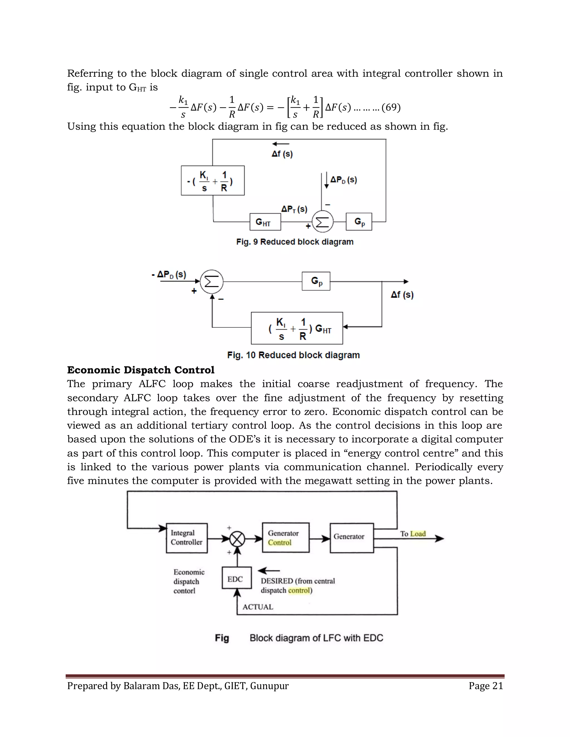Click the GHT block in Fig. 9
coord(265,222)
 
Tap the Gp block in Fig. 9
coord(358,222)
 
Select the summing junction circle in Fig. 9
coord(323,222)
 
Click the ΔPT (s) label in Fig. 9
coord(294,209)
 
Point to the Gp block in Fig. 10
coord(316,281)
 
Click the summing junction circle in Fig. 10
coord(212,281)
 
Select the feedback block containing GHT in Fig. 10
coord(297,328)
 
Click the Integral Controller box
coord(187,538)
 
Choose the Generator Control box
coord(286,538)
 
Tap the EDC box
coord(236,579)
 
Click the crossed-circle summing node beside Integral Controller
coord(237,539)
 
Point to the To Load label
coord(413,533)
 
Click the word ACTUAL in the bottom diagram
coord(258,607)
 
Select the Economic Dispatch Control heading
coord(141,370)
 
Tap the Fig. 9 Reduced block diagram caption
coord(294,242)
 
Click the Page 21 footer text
coord(486,686)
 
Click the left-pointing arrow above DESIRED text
coord(269,571)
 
